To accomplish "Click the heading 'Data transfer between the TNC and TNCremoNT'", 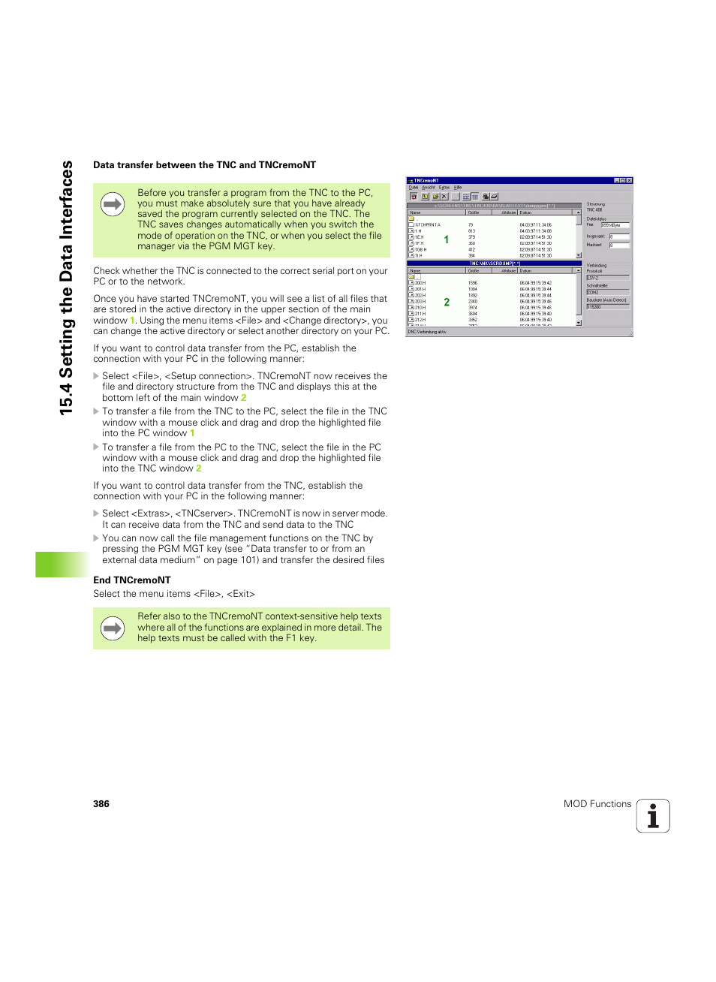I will (204, 165).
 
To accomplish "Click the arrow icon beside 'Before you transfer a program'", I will (113, 204).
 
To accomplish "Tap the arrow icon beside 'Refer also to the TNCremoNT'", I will (113, 628).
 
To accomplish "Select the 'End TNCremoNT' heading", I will (132, 580).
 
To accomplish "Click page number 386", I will (101, 804).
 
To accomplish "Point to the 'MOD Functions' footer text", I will (597, 804).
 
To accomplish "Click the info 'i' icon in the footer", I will (653, 816).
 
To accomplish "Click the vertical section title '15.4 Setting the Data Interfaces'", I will (67, 288).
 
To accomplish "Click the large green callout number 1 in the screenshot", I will (447, 239).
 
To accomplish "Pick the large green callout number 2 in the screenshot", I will (447, 302).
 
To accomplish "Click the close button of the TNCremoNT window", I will (629, 180).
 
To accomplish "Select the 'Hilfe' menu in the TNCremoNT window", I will (458, 188).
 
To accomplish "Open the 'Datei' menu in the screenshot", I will (413, 188).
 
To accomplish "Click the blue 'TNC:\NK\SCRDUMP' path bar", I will (494, 264).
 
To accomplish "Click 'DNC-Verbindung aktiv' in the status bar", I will (428, 332).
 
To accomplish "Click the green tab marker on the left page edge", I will (62, 565).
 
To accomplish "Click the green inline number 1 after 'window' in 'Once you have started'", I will (132, 321).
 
